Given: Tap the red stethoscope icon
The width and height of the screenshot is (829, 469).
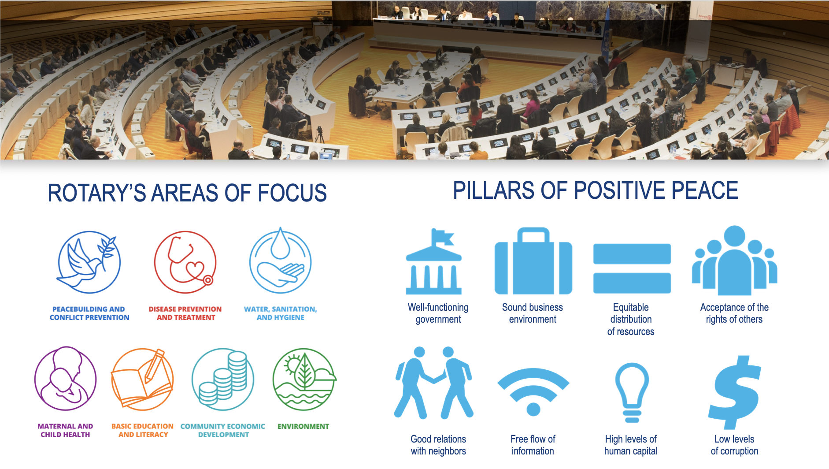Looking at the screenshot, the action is tap(185, 262).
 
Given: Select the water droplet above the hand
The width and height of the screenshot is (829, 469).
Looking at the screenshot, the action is tap(280, 244).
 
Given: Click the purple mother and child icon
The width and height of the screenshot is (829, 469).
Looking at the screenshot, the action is tap(66, 379).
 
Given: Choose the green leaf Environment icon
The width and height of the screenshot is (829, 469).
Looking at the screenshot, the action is tap(304, 379).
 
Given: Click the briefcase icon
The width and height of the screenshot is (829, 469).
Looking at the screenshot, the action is tap(533, 261).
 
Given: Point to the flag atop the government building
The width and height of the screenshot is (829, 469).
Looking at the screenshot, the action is tap(443, 237).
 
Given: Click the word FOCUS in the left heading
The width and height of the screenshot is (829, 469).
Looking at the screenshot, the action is tap(292, 193).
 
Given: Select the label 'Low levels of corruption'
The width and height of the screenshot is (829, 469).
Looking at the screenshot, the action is tap(734, 445).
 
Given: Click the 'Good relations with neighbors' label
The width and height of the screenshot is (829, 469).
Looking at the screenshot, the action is tap(438, 445).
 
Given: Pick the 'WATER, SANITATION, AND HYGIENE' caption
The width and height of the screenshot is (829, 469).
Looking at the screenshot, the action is tap(281, 313).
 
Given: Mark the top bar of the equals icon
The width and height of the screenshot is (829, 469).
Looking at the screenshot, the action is tap(632, 253).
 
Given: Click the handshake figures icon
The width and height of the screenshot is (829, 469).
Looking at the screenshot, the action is tap(433, 383).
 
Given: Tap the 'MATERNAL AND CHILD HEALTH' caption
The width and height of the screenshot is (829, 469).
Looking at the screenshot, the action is tap(65, 430).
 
